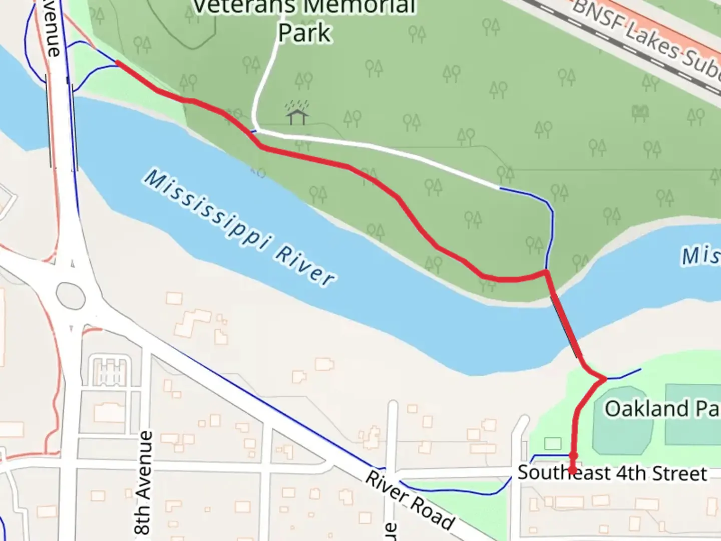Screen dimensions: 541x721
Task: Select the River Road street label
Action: pyautogui.click(x=410, y=500)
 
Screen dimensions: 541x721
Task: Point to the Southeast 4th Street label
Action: pyautogui.click(x=612, y=473)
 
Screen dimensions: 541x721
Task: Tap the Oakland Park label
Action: pyautogui.click(x=661, y=409)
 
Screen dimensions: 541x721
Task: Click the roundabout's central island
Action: pyautogui.click(x=70, y=295)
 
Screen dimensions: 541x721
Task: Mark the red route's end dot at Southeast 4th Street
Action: pyautogui.click(x=572, y=470)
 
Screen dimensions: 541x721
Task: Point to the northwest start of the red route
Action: pyautogui.click(x=118, y=63)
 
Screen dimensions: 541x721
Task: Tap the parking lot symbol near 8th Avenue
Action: pyautogui.click(x=110, y=371)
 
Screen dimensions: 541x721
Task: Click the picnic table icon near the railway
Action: pyautogui.click(x=641, y=113)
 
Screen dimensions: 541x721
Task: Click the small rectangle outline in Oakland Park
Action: pyautogui.click(x=552, y=443)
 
